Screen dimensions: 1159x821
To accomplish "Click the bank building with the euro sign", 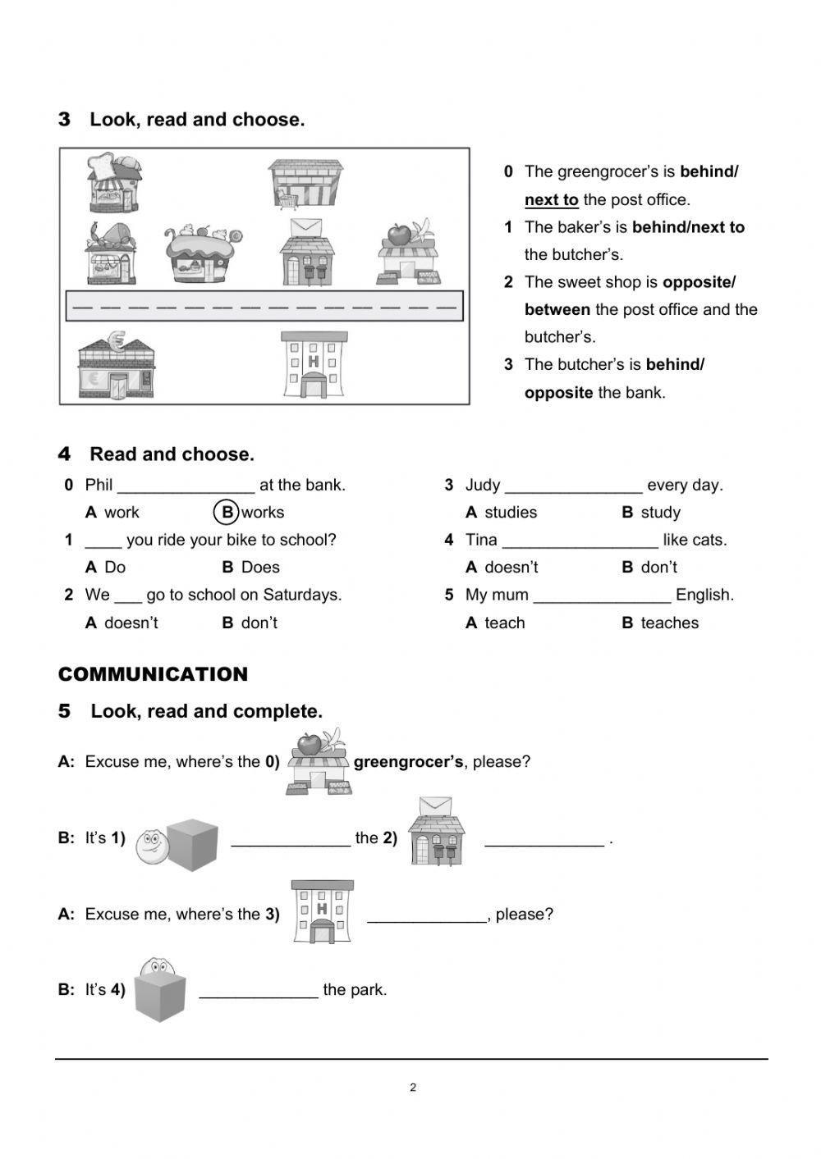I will point(116,366).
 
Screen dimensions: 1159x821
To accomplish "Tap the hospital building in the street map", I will point(314,366).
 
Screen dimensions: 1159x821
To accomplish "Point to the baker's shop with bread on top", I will point(114,182).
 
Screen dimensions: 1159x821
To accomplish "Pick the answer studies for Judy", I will point(510,513).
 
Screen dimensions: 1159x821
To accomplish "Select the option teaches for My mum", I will point(669,623).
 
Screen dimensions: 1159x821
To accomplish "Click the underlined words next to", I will point(552,199).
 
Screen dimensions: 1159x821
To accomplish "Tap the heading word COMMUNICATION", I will point(153,674).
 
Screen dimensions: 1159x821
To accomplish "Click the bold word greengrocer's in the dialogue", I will point(409,762).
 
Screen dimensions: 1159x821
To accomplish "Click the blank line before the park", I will point(259,991).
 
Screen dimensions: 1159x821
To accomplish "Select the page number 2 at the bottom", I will point(413,1088).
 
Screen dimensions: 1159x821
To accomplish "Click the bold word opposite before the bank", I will point(558,392).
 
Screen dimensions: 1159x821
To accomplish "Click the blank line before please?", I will point(427,915).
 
